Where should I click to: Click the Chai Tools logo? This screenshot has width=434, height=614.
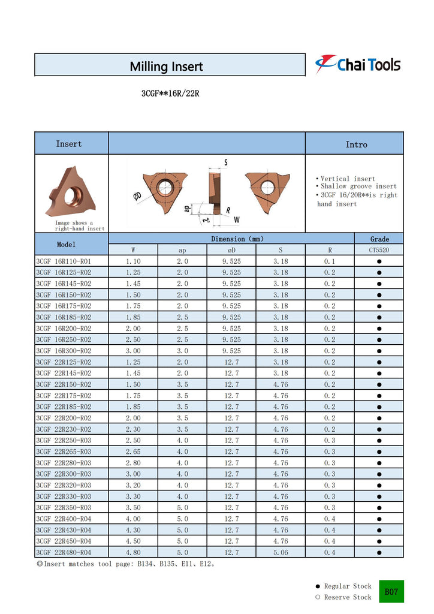358,64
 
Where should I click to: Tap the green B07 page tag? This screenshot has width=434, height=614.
391,591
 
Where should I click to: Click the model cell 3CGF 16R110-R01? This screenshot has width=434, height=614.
64,261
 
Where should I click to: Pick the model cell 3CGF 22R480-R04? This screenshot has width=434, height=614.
64,552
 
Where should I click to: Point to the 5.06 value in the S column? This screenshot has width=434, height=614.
281,552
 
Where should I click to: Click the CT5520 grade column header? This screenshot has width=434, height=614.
379,249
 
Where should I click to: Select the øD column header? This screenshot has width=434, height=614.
231,249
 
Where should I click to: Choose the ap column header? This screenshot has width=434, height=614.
182,249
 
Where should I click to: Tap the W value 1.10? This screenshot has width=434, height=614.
133,261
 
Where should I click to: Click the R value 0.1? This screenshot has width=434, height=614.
330,261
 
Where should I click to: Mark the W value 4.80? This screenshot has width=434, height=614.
133,552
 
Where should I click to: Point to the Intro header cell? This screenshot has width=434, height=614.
356,145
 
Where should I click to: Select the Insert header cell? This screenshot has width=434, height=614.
69,144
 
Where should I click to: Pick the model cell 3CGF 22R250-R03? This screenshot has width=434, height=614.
64,440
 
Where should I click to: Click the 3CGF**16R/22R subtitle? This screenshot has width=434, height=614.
166,94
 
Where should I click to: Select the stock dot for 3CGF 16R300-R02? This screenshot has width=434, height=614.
379,351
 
